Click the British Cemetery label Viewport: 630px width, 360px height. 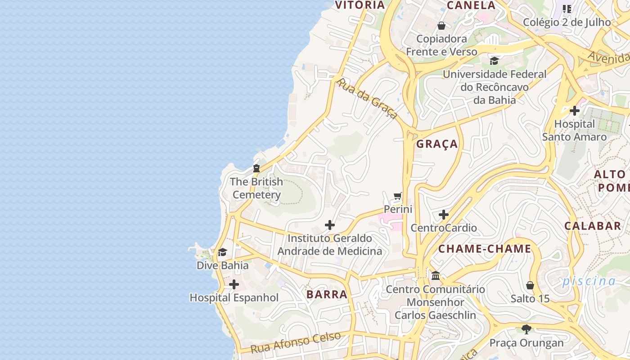[x=256, y=189]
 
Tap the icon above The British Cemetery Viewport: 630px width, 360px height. [x=256, y=168]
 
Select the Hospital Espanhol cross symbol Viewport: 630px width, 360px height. [x=234, y=284]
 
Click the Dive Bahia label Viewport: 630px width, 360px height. [x=222, y=265]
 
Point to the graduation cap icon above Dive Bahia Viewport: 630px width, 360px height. [x=222, y=252]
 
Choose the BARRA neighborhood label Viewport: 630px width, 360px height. [x=327, y=295]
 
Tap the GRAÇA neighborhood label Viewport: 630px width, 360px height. [x=437, y=144]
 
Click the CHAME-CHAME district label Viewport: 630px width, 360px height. [x=485, y=249]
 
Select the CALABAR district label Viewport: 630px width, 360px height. [x=593, y=226]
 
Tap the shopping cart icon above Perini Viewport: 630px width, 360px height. [x=398, y=196]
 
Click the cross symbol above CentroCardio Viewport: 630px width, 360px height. [x=444, y=215]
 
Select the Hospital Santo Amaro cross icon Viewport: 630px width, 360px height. [x=575, y=110]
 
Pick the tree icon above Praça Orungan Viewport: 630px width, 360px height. [x=526, y=329]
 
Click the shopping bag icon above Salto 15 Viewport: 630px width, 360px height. [x=530, y=285]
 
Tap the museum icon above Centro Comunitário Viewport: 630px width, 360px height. [x=436, y=275]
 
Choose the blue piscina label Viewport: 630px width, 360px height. [x=589, y=282]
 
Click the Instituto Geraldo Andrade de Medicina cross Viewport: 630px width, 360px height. [x=330, y=225]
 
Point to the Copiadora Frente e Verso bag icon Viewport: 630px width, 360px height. [x=441, y=26]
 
